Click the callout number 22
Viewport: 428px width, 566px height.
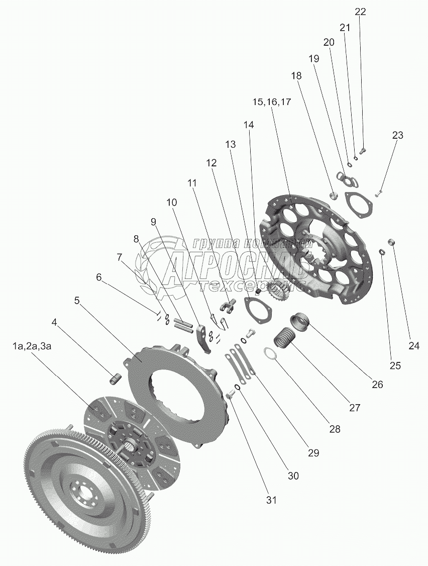coord(361,12)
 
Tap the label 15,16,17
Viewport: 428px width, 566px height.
coord(272,102)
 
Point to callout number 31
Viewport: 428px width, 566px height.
coord(271,500)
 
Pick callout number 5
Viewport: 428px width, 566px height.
coord(77,300)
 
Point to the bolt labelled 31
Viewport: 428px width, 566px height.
coord(230,395)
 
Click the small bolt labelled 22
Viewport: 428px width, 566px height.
coord(363,149)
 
